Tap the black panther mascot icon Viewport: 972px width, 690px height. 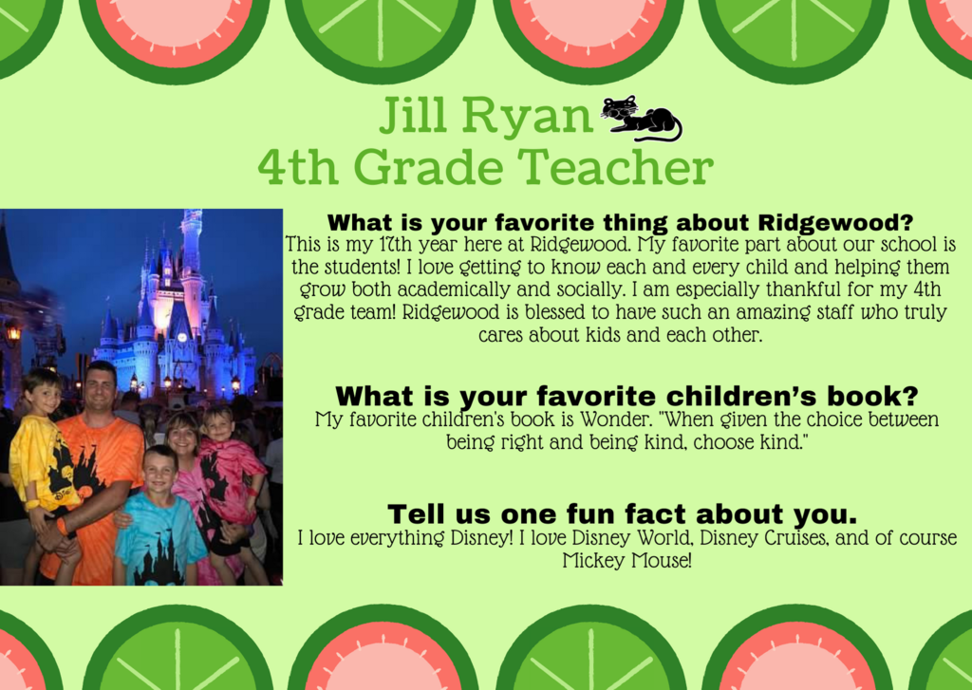(641, 119)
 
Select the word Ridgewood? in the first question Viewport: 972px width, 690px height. (835, 222)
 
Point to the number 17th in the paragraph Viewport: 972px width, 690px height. (394, 244)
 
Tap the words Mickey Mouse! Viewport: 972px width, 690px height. (626, 560)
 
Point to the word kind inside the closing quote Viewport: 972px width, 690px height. (782, 442)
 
